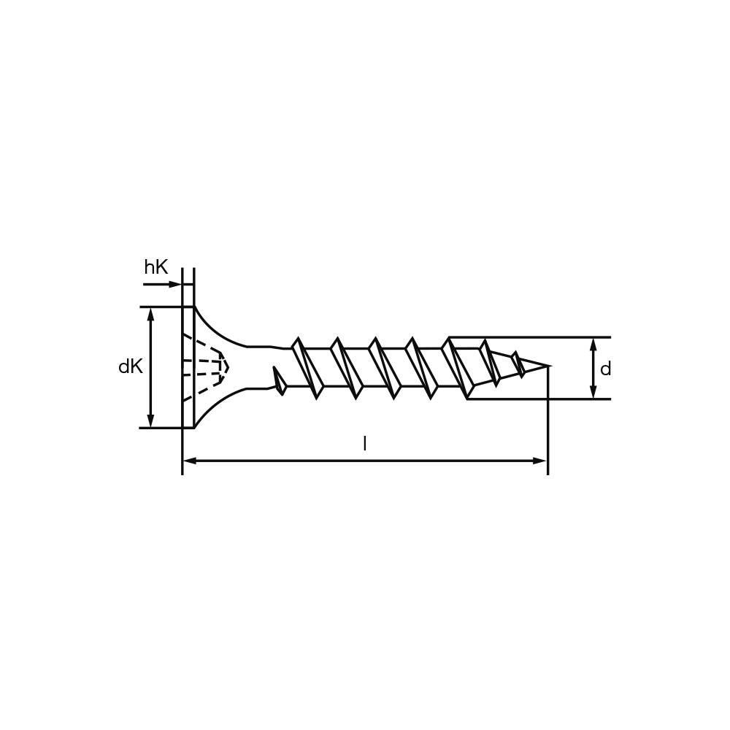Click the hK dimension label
[156, 268]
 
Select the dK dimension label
[131, 367]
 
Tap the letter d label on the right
[605, 369]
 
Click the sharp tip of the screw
[550, 366]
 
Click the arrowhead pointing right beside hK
[175, 284]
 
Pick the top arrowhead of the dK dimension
[150, 313]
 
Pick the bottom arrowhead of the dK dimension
[150, 421]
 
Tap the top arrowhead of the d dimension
[593, 344]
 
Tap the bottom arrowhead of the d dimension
[593, 393]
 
